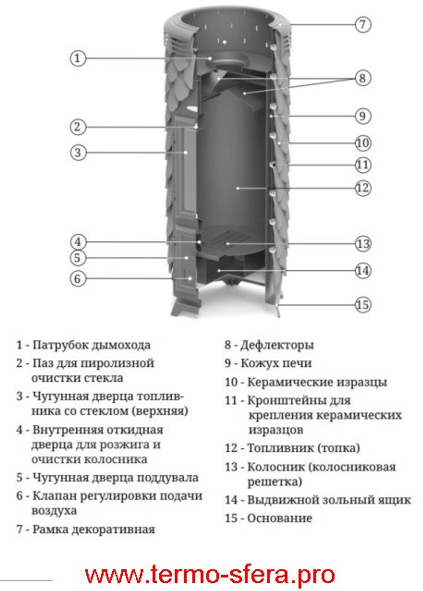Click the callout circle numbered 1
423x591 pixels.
click(x=77, y=58)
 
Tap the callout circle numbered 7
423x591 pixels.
click(x=362, y=24)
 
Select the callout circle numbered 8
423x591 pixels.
click(x=362, y=78)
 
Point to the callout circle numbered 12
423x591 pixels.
click(x=362, y=187)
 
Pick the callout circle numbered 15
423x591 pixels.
click(x=362, y=305)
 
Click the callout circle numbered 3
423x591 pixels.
click(x=77, y=152)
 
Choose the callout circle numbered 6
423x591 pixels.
click(x=77, y=278)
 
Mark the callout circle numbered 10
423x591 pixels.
click(x=362, y=143)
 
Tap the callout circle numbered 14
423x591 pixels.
click(x=362, y=271)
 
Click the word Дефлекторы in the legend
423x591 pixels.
click(x=277, y=345)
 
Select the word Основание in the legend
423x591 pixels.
click(x=280, y=518)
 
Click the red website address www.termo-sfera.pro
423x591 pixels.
click(x=210, y=575)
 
